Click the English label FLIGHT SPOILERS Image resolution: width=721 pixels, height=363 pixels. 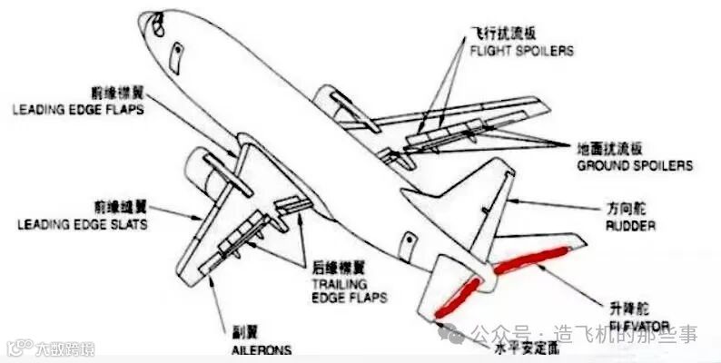[x=521, y=52]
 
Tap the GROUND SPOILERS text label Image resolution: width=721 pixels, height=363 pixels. [x=635, y=166]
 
